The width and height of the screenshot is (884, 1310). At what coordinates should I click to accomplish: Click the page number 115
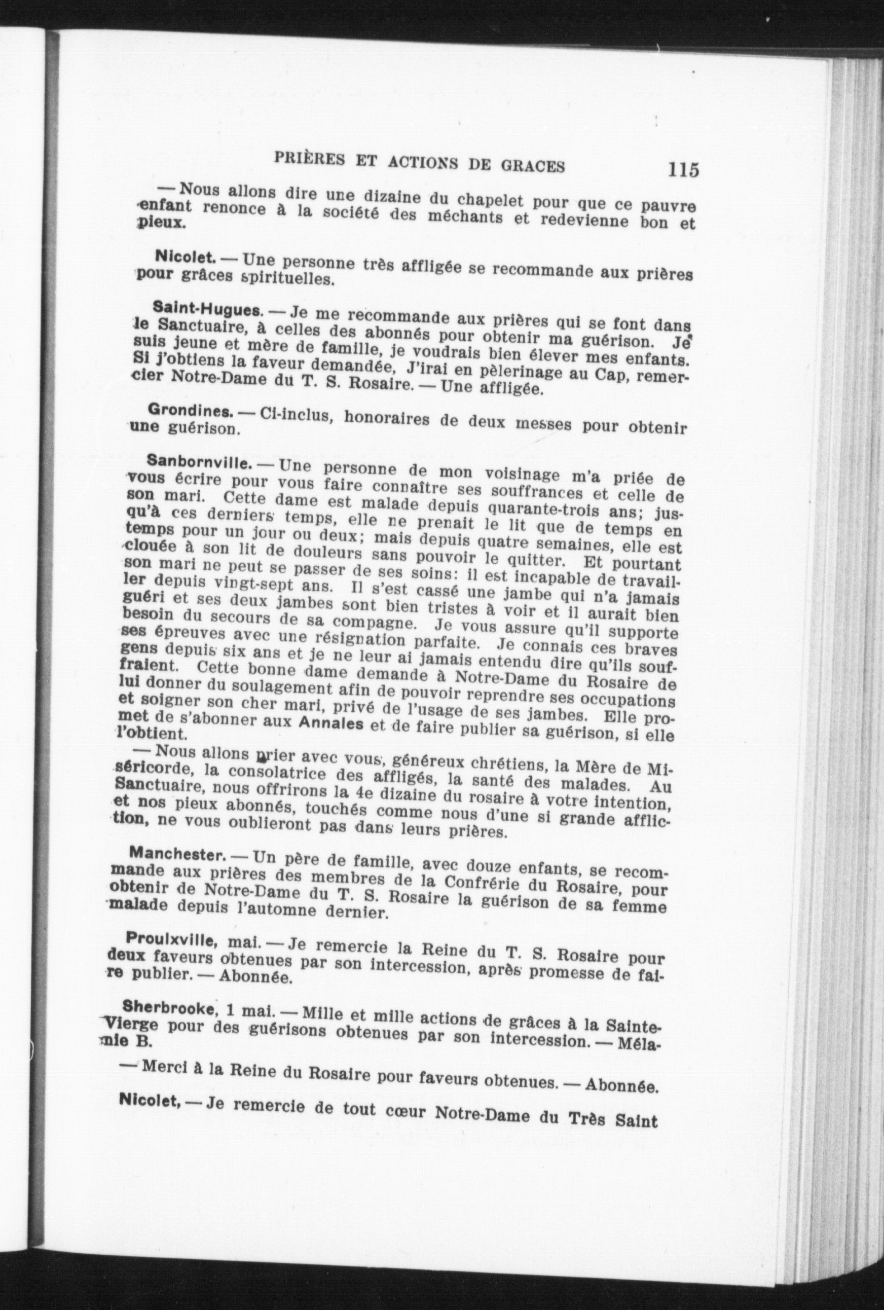(x=683, y=169)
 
